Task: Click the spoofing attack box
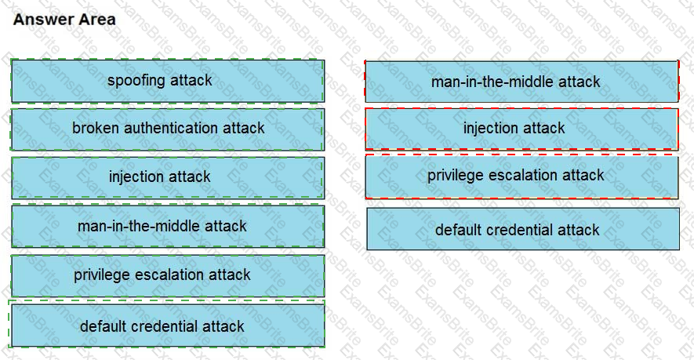click(167, 81)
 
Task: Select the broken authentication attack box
click(167, 129)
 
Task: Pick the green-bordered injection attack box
click(167, 177)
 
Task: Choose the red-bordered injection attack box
click(521, 129)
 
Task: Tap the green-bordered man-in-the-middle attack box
click(167, 227)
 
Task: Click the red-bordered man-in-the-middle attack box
click(521, 82)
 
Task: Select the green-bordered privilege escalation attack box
click(167, 275)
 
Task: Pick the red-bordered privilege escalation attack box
click(521, 176)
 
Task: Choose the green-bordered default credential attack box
click(167, 325)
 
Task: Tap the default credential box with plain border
click(523, 229)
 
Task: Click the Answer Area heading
click(64, 20)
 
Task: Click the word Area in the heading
click(96, 20)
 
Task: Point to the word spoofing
click(136, 81)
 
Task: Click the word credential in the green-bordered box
click(165, 325)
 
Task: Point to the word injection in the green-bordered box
click(137, 177)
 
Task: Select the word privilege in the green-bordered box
click(103, 275)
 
